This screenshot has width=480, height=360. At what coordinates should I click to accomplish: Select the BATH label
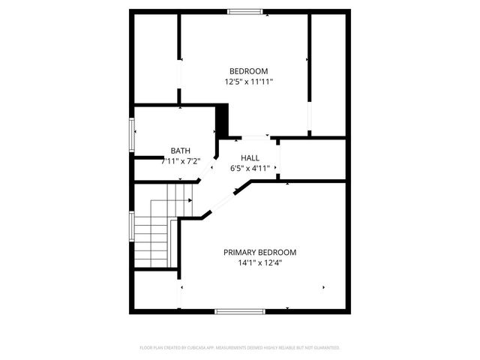pos(180,151)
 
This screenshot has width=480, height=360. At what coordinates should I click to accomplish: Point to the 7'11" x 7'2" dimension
pos(180,160)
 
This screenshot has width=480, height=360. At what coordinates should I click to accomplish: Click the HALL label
pos(250,158)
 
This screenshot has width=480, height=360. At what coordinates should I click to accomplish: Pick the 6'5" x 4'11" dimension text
pos(250,168)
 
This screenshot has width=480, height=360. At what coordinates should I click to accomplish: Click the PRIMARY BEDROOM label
pos(259,253)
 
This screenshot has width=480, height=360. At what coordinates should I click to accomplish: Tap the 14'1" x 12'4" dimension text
pos(259,263)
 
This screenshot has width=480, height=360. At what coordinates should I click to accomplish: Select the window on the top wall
pos(245,10)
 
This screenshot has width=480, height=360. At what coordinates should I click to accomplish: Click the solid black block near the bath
pos(221,119)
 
